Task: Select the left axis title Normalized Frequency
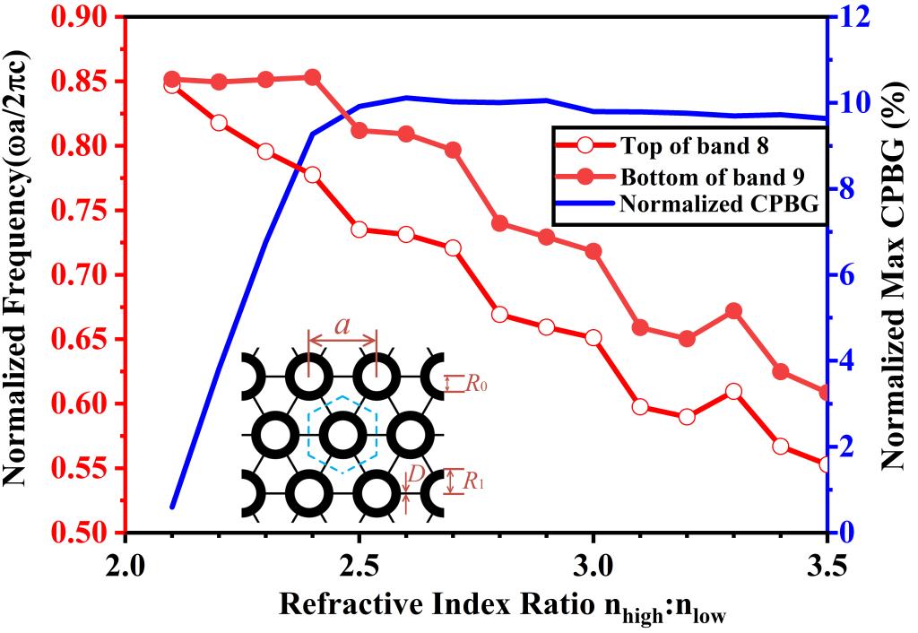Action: coord(23,273)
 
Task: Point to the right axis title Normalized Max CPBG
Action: coord(892,273)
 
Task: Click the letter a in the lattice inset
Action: coord(342,326)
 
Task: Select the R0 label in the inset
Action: coord(477,384)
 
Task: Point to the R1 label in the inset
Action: coord(474,481)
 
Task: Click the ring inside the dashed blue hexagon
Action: coord(342,435)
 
